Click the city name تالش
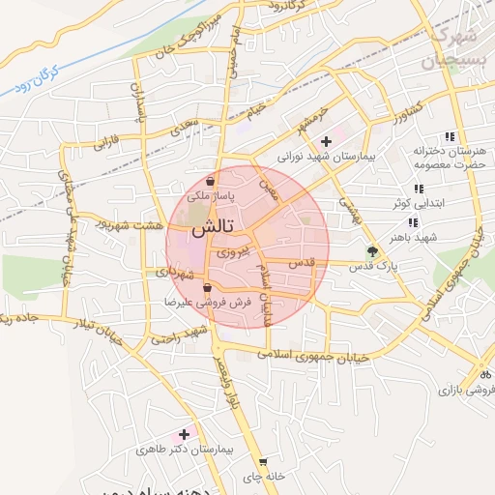(211, 230)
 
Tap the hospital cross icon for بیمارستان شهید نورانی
(326, 141)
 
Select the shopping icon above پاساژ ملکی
(211, 180)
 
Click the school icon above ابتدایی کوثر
(418, 189)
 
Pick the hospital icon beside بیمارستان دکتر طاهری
(184, 435)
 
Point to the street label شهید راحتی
(180, 336)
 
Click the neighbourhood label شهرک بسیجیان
(451, 48)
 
